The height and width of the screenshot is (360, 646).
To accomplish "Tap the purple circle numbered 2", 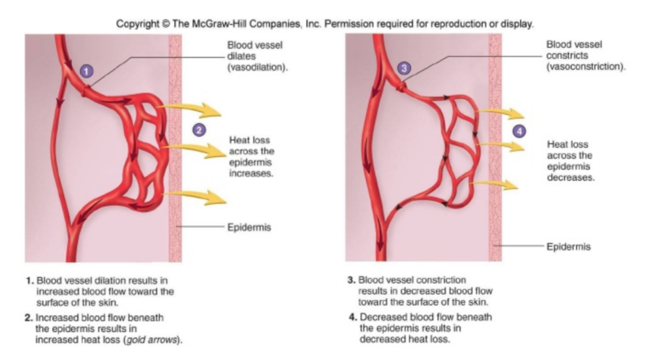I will pos(198,129).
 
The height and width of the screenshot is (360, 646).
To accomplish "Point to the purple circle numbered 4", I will pos(519,131).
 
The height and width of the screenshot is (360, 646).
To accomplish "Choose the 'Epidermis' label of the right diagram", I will pos(569,247).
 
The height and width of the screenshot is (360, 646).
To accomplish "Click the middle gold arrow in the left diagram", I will pos(193,150).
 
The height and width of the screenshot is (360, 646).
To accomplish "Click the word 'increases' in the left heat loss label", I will pos(249,175).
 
